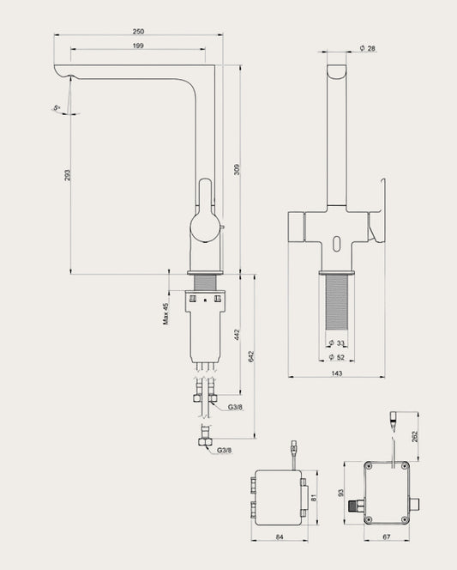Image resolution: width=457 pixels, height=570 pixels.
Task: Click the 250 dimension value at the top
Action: (x=138, y=32)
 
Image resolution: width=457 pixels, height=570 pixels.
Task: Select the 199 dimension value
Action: (x=138, y=45)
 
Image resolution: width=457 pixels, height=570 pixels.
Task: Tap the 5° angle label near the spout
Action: (x=57, y=108)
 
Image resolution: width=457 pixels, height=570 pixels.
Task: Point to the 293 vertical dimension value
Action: (x=67, y=175)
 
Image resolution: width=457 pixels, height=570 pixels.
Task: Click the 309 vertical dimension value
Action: (x=237, y=169)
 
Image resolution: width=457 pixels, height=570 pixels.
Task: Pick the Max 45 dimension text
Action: (x=165, y=313)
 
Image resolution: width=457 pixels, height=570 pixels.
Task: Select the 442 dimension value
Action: (x=237, y=335)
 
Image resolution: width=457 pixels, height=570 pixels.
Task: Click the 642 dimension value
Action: (x=251, y=356)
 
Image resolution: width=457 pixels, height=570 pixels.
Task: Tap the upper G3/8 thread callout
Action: (x=235, y=407)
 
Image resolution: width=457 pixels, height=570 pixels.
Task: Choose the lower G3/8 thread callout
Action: (x=225, y=451)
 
